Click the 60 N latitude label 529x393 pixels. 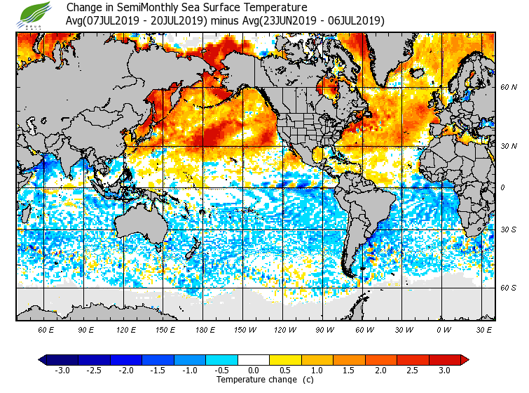[x=509, y=88]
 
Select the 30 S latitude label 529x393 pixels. [x=509, y=229]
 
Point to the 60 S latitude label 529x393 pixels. [x=509, y=288]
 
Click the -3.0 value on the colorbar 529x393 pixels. [x=62, y=371]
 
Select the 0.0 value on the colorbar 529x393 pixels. [x=253, y=371]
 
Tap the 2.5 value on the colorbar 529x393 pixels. [x=412, y=371]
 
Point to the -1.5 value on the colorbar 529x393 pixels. [x=157, y=371]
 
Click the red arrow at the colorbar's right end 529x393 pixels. [x=465, y=360]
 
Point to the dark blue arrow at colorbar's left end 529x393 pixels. [x=42, y=360]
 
